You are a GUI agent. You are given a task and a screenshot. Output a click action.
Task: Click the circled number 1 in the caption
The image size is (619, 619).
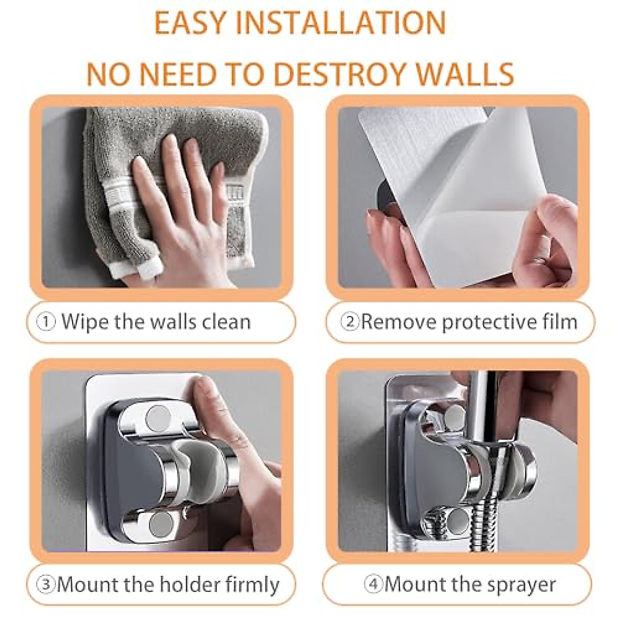click(x=47, y=322)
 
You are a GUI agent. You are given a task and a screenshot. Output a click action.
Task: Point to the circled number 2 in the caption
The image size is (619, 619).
click(x=350, y=322)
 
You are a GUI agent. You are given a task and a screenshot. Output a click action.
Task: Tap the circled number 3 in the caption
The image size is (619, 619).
click(x=47, y=585)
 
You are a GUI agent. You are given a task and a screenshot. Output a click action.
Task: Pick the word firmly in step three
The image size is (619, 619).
click(x=253, y=585)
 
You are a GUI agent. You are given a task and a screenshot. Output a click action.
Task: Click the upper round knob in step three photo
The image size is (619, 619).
click(x=157, y=418)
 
